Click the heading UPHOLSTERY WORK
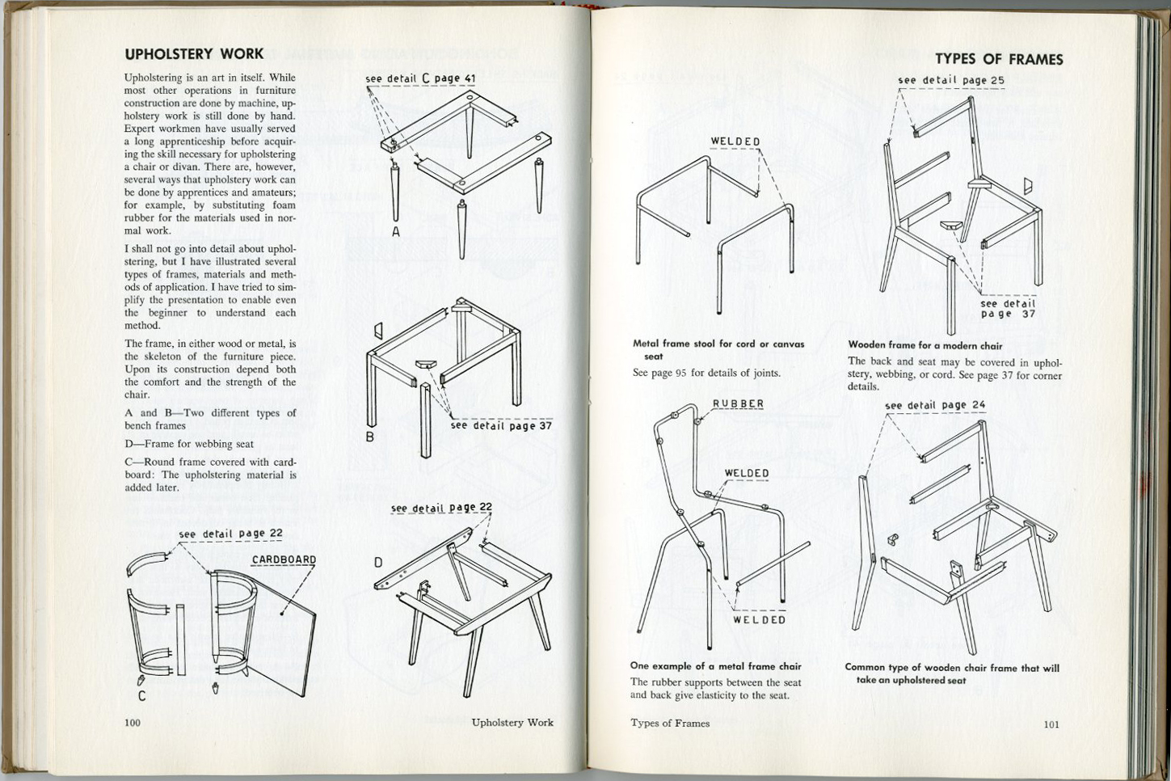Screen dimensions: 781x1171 [194, 54]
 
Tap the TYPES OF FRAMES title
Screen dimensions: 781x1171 [999, 59]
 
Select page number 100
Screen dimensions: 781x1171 [133, 722]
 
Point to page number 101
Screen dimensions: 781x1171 [1051, 724]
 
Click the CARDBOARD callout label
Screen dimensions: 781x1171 [284, 559]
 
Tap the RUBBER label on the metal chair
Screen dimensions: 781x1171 [738, 403]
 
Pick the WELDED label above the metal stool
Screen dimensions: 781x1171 [735, 141]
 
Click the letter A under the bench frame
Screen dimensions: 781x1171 [396, 232]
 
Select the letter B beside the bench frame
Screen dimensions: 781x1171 [369, 437]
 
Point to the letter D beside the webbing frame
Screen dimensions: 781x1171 [378, 563]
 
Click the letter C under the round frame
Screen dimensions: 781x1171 [141, 695]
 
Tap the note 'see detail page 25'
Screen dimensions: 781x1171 [951, 80]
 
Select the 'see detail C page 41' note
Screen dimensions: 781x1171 [420, 78]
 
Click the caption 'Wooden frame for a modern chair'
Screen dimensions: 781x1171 [925, 345]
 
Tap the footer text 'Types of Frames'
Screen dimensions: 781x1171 [670, 723]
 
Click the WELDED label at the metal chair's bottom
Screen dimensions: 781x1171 [759, 619]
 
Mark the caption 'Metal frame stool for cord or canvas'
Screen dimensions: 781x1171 [718, 344]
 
